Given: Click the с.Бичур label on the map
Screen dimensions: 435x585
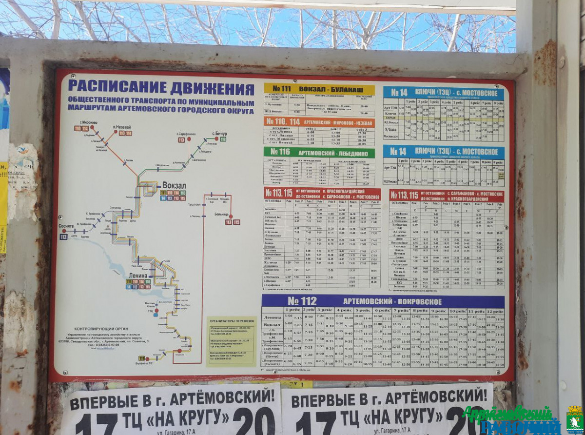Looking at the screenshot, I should point(219,133).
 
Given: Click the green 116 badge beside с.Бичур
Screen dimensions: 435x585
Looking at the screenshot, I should point(223,139).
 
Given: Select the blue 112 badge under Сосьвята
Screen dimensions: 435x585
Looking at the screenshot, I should point(63,237).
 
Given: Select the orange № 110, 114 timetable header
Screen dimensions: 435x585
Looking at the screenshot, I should point(319,122).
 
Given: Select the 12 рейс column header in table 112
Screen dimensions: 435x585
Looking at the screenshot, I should point(495,311).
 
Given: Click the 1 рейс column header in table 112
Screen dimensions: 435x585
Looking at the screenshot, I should point(292,310).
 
